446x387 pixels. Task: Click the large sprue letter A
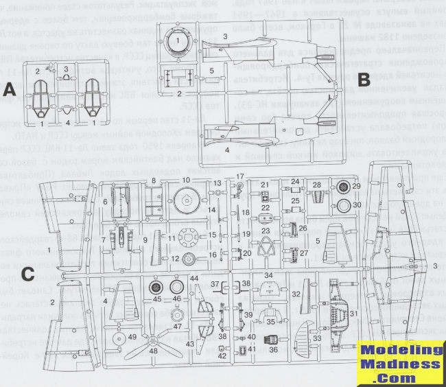(x=9, y=90)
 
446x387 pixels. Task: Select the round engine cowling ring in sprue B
(x=178, y=46)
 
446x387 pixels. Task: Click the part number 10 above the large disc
(x=185, y=181)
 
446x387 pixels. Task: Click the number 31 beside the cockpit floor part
(x=355, y=314)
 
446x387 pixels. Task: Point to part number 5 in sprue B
(x=212, y=71)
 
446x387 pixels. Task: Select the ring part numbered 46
(x=176, y=289)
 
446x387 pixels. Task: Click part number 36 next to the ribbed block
(x=273, y=349)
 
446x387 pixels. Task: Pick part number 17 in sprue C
(x=240, y=177)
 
